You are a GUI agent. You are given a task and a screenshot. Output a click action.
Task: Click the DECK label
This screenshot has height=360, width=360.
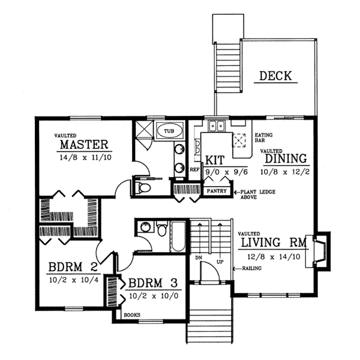point(275,76)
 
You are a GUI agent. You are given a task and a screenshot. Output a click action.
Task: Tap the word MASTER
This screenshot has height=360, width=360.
point(84,145)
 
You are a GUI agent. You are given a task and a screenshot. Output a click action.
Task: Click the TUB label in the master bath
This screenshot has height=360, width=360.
point(170,130)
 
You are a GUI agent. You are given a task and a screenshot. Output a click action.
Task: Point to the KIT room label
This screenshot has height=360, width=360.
point(215,160)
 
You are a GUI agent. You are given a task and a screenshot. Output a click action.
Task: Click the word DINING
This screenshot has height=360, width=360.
point(286,159)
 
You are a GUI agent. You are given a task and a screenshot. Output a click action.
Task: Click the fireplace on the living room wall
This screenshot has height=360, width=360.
point(318,247)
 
